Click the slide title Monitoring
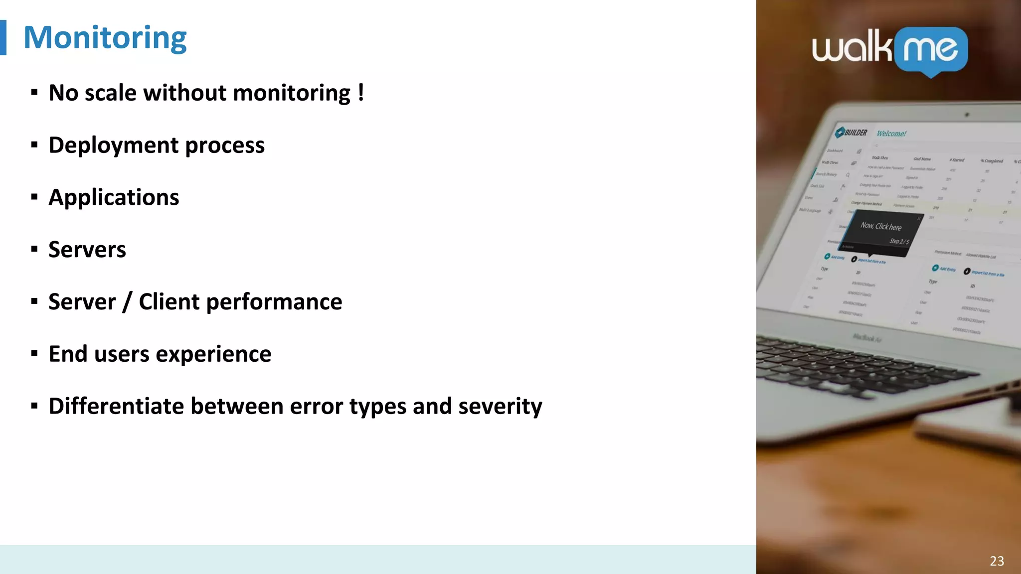click(x=105, y=38)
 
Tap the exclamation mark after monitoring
click(x=360, y=93)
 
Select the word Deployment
click(x=114, y=145)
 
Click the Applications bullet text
click(x=114, y=197)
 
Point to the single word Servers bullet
click(x=87, y=250)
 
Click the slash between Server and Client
click(x=128, y=302)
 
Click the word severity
click(x=500, y=407)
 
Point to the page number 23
click(x=997, y=561)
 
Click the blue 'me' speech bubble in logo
click(x=931, y=50)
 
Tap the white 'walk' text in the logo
click(x=851, y=48)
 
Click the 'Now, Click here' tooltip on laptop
click(x=881, y=226)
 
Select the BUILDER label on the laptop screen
click(x=855, y=133)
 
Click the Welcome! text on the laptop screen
click(x=891, y=134)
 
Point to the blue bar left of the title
click(x=3, y=37)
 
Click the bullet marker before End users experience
click(x=34, y=354)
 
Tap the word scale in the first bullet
click(x=110, y=93)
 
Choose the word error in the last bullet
click(x=317, y=406)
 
